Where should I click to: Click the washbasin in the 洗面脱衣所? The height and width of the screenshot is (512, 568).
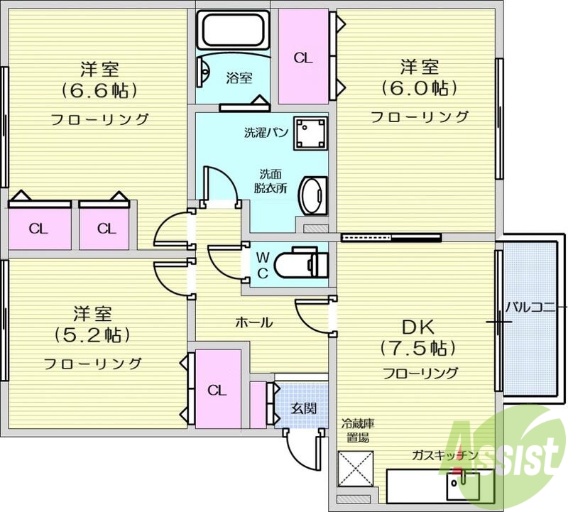tap(312, 195)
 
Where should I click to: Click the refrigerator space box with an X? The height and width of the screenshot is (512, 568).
tap(352, 467)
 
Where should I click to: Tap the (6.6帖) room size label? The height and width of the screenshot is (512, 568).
tap(99, 91)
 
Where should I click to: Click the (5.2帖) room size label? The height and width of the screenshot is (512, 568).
tap(93, 334)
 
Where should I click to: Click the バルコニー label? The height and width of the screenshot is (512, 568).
tap(534, 307)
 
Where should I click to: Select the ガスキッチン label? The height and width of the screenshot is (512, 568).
tap(444, 455)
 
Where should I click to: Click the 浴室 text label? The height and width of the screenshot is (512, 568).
tap(239, 78)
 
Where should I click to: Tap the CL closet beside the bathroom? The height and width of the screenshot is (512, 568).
tap(303, 57)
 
